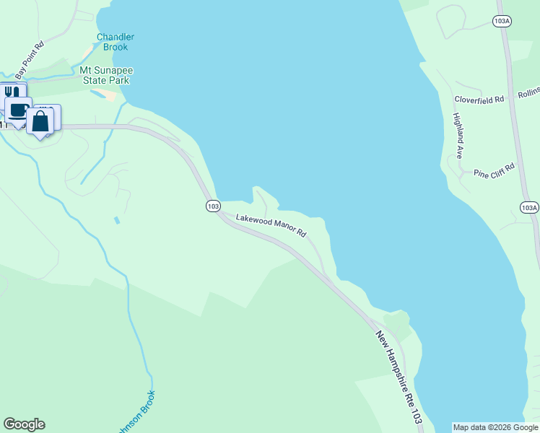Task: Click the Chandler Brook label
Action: pos(116,42)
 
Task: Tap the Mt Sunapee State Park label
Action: pos(105,76)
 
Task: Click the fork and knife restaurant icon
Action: pos(12,93)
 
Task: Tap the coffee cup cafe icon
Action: pos(18,109)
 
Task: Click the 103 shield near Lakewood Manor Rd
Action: pos(212,206)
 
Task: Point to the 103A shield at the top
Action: pos(502,22)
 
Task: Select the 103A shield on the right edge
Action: pos(528,208)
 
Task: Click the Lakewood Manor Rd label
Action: pos(271,224)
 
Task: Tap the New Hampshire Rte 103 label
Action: pos(398,377)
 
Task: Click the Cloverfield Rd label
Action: pos(479,100)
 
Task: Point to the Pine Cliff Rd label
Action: pos(494,170)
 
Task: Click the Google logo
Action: pos(24,424)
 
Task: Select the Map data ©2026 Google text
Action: pos(495,427)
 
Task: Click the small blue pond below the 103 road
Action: pos(116,219)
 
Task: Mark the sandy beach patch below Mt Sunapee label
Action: pos(109,95)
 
